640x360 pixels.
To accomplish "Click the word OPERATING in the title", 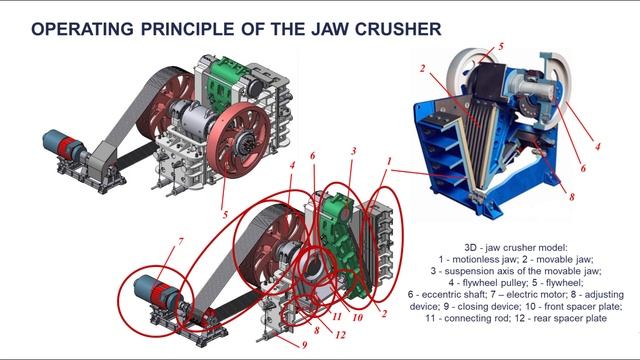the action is pos(82,29).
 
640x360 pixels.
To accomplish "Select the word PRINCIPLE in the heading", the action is pos(187,29).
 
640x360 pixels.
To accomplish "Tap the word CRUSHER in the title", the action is pos(398,29).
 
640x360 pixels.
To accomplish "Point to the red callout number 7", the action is pos(180,242).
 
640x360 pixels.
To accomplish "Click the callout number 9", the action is pos(304,345).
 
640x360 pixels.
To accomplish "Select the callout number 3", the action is pos(354,151).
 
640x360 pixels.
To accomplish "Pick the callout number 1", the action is pos(389,161).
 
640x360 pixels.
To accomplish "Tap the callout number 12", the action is pos(340,335).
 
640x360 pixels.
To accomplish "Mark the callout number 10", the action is pos(357,318).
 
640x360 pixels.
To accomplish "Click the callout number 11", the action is pos(337,316).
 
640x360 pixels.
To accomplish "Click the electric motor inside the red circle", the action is pos(157,293).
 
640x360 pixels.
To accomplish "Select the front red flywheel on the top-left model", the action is pos(238,140).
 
